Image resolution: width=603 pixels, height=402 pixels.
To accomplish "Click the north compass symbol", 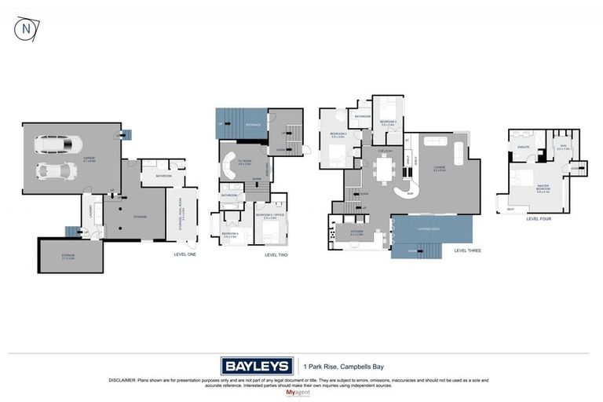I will [x=27, y=29].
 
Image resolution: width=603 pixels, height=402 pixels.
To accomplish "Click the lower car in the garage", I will [x=53, y=170].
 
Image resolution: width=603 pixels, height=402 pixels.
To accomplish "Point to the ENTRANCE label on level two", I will [x=253, y=125].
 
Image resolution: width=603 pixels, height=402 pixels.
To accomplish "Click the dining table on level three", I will [x=385, y=166].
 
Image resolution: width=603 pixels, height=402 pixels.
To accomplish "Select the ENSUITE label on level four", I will [x=523, y=147].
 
